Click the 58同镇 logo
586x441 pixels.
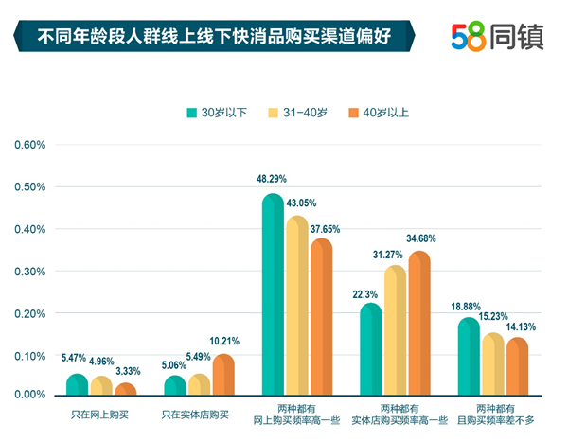click(x=498, y=37)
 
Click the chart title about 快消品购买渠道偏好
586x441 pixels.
click(x=212, y=38)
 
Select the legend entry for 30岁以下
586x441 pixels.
click(x=217, y=113)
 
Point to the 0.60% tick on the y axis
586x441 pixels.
click(x=28, y=145)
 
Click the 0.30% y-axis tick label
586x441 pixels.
click(x=28, y=272)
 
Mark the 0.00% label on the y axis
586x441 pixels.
click(x=28, y=394)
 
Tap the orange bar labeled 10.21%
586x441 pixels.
click(x=223, y=375)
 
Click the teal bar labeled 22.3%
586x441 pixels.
click(x=371, y=349)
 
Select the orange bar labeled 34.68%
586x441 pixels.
click(x=419, y=324)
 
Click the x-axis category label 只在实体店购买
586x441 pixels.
click(x=198, y=413)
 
